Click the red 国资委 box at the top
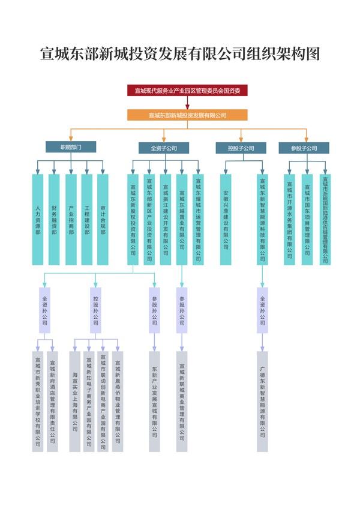(187, 91)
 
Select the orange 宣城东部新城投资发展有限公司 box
(187, 115)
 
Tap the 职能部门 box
(71, 147)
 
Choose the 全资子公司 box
(164, 147)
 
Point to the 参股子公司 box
(304, 147)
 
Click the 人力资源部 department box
(38, 220)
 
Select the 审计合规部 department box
(103, 220)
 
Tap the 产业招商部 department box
(71, 220)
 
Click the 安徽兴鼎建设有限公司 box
(226, 220)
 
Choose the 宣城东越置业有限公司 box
(182, 220)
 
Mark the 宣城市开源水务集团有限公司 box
(290, 220)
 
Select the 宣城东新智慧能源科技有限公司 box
(262, 220)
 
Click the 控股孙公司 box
(96, 310)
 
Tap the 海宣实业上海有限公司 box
(74, 401)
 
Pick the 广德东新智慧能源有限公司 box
(262, 401)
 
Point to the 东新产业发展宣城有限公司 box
(155, 401)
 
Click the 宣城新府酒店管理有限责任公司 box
(52, 401)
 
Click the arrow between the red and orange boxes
(187, 103)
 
